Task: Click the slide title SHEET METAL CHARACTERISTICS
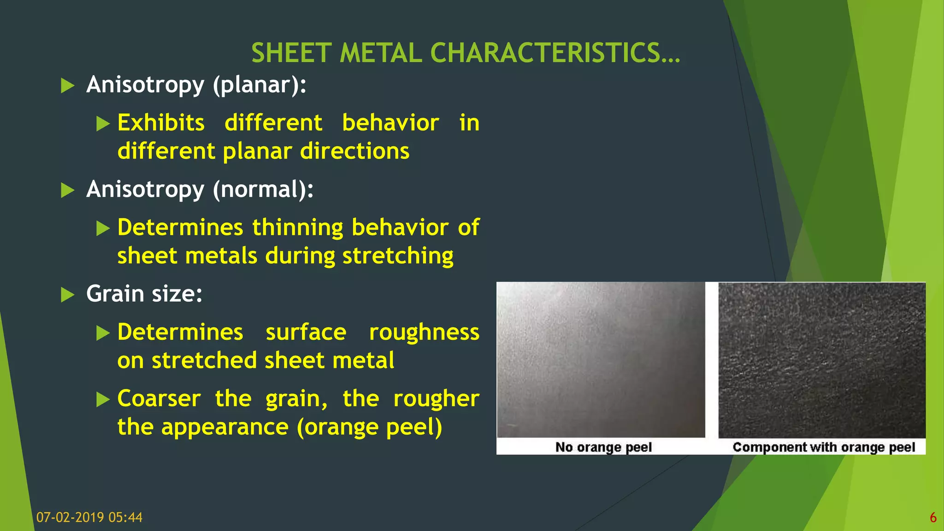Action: coord(466,53)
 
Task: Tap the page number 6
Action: coord(933,518)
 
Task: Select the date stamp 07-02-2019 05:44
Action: coord(89,517)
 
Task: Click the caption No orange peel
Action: coord(603,447)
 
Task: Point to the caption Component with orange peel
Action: coord(824,447)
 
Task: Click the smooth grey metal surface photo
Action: coord(601,360)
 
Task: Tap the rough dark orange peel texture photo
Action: coord(822,360)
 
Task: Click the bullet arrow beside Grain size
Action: coord(68,295)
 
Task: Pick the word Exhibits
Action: coord(161,123)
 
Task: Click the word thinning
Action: coord(298,228)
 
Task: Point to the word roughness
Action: coord(424,332)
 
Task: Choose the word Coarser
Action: coord(159,399)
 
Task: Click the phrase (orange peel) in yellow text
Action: coord(370,427)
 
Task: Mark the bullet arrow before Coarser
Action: coord(103,399)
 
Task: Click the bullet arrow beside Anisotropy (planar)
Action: coord(68,85)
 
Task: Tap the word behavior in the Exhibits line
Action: coord(390,123)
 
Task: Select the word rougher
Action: coord(436,399)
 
